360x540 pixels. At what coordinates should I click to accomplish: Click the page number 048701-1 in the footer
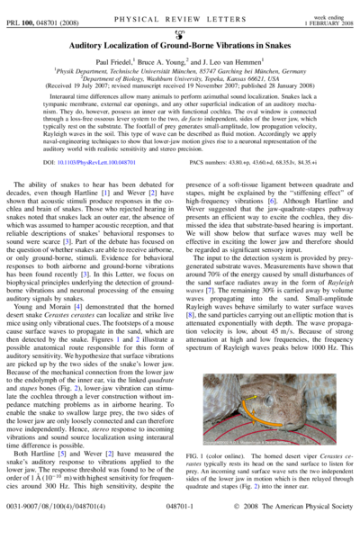179,531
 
